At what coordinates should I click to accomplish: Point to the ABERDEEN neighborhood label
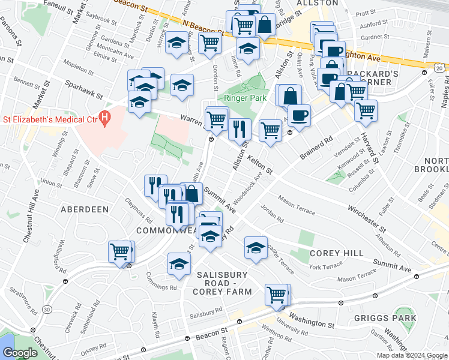click(85, 209)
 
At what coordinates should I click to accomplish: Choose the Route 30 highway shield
click(47, 309)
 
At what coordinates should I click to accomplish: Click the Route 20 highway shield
click(440, 70)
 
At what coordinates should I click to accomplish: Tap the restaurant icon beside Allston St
click(240, 128)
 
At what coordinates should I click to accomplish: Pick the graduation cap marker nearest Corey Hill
click(256, 247)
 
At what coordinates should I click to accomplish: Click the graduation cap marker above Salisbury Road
click(179, 263)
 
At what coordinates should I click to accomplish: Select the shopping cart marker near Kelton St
click(271, 129)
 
